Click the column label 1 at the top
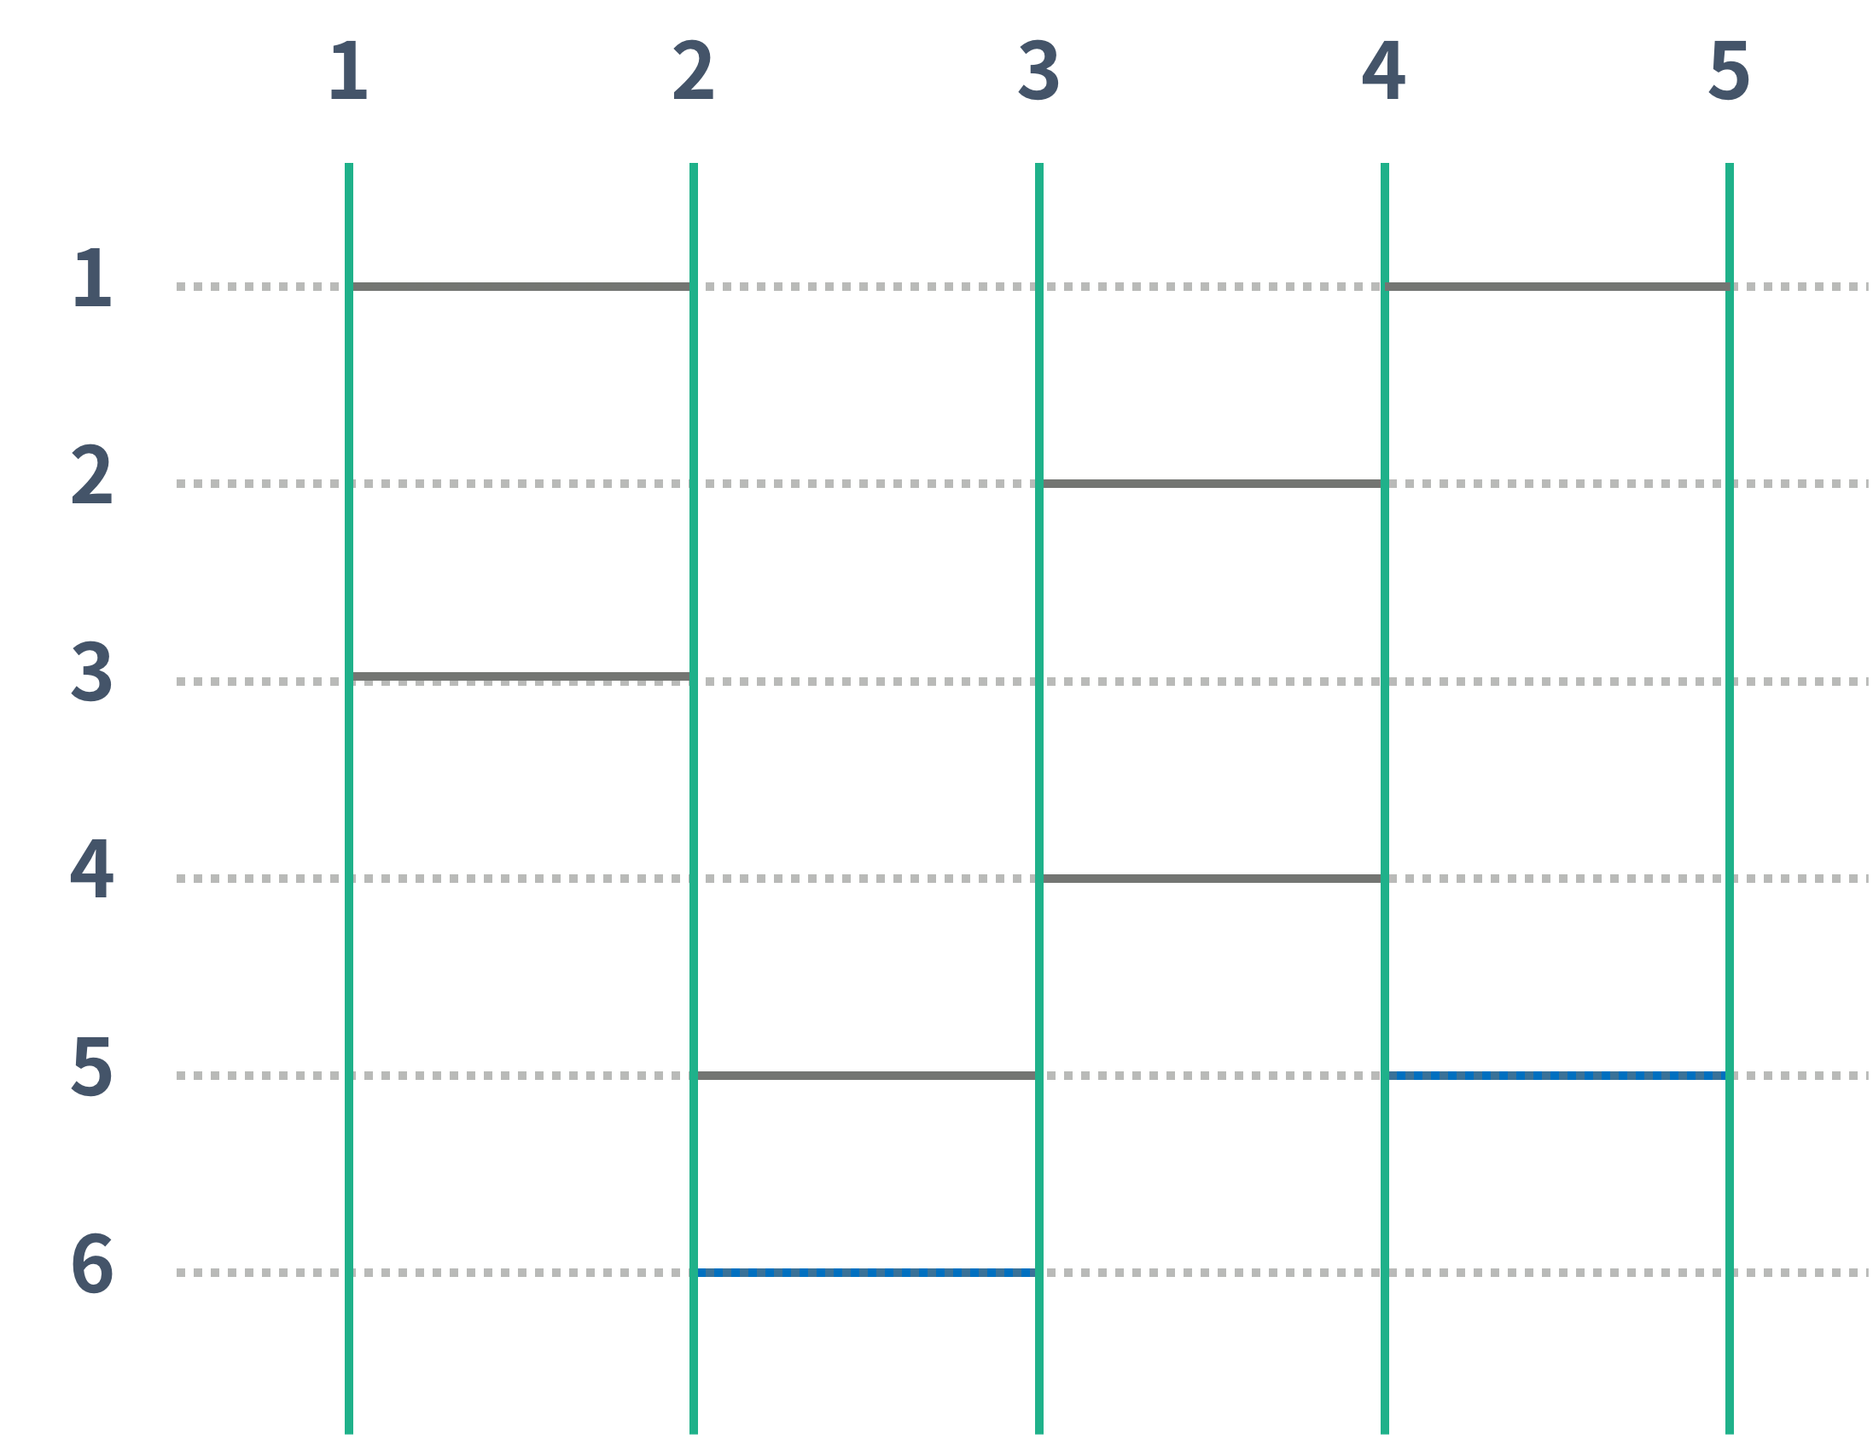(349, 70)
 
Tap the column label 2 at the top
(693, 70)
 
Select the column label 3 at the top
(1038, 70)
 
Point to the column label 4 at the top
(1384, 70)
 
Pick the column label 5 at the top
(1729, 70)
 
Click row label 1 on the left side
(92, 277)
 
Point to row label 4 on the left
(91, 867)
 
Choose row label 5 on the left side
(91, 1065)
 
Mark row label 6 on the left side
(92, 1262)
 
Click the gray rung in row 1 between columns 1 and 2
(521, 287)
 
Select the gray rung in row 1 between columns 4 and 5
(1556, 287)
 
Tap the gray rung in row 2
(1212, 484)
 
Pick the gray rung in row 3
(521, 677)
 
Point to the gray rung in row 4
(1212, 879)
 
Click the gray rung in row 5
(866, 1076)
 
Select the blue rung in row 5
(1556, 1076)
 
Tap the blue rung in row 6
(866, 1273)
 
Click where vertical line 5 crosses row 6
(1730, 1273)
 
